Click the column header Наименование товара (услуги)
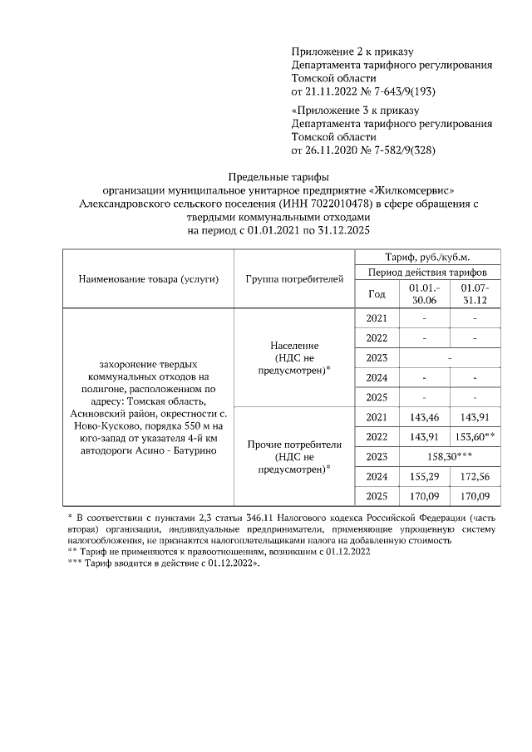pos(148,279)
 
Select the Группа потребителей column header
pos(294,279)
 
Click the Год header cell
pos(377,293)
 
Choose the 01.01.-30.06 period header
pos(424,293)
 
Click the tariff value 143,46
pos(424,417)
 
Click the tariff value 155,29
pos(424,477)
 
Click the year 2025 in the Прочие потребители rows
pos(377,497)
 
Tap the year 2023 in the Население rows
pos(377,358)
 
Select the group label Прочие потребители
pos(294,445)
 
